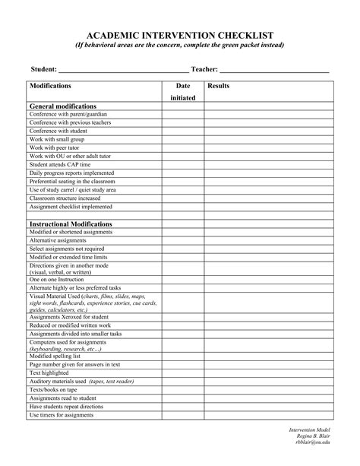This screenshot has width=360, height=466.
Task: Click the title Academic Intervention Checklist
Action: pyautogui.click(x=179, y=35)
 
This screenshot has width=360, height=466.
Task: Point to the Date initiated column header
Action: pyautogui.click(x=182, y=92)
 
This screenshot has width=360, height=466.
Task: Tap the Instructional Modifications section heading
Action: pyautogui.click(x=71, y=224)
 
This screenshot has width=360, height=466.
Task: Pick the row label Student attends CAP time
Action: pyautogui.click(x=60, y=164)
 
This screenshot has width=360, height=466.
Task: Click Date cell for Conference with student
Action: pyautogui.click(x=182, y=131)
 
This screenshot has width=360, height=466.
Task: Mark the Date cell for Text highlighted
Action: pyautogui.click(x=182, y=373)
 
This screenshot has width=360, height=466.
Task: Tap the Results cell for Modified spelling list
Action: pyautogui.click(x=268, y=357)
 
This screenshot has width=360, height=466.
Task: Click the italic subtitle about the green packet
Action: pyautogui.click(x=179, y=46)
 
